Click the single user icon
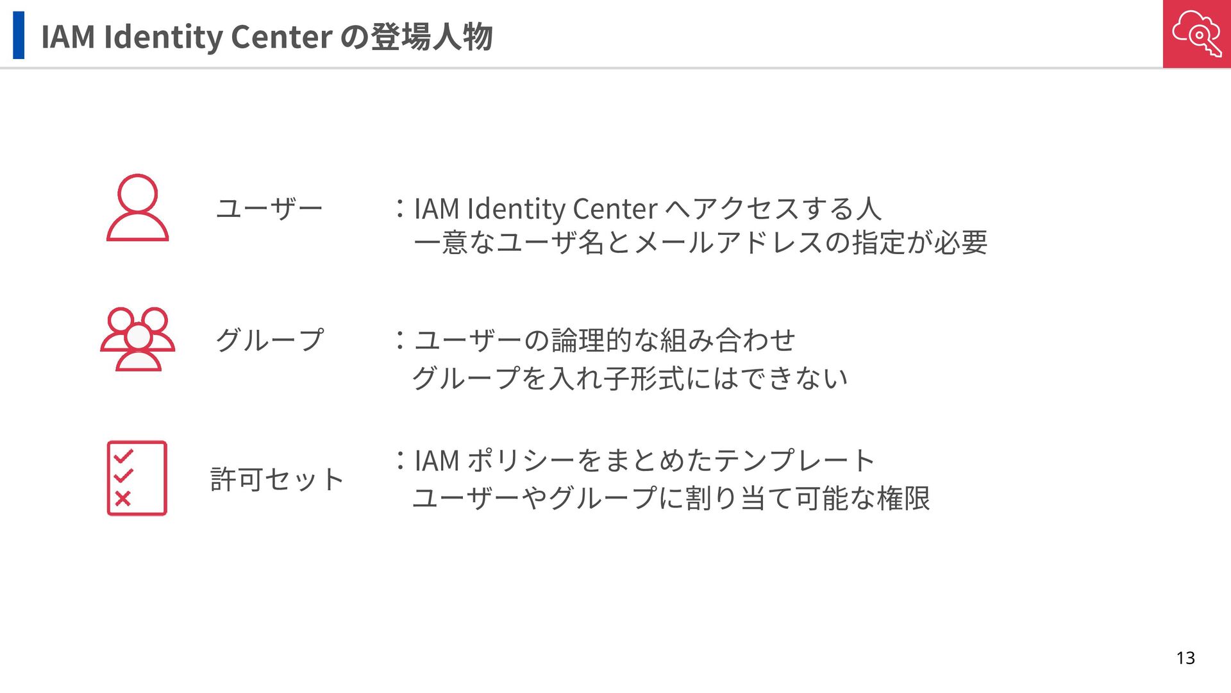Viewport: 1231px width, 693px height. pyautogui.click(x=137, y=207)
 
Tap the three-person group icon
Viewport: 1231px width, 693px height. pyautogui.click(x=137, y=339)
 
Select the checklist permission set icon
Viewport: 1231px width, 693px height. pyautogui.click(x=137, y=478)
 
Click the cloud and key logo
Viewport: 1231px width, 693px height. pyautogui.click(x=1196, y=33)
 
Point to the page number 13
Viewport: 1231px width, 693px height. pyautogui.click(x=1185, y=658)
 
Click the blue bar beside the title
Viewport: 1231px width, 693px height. pyautogui.click(x=19, y=35)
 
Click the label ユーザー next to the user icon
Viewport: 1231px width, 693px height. pyautogui.click(x=269, y=209)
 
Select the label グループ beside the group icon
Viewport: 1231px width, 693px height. pyautogui.click(x=269, y=339)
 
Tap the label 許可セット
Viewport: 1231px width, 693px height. pyautogui.click(x=277, y=479)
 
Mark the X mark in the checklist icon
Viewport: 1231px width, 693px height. pyautogui.click(x=122, y=498)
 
